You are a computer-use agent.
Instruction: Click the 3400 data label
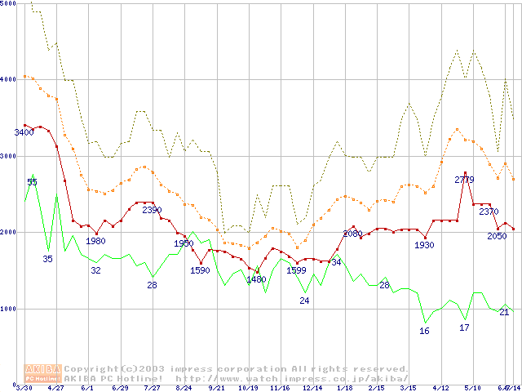pos(24,132)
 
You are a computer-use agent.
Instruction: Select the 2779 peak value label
pos(464,179)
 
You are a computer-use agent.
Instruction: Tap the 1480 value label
pos(256,279)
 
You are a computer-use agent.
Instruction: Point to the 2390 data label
pos(153,210)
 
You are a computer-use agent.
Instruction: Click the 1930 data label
pos(424,245)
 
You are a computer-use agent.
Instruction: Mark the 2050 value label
pos(497,236)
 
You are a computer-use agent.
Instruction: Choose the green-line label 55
pos(32,182)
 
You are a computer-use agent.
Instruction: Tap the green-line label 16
pos(424,331)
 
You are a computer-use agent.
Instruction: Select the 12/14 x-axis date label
pos(312,387)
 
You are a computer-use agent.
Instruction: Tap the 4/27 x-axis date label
pos(55,387)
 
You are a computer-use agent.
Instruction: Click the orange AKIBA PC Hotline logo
pos(43,373)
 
